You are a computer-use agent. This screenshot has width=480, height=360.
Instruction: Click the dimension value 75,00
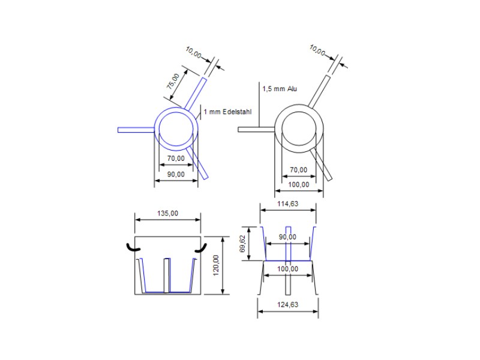click(173, 81)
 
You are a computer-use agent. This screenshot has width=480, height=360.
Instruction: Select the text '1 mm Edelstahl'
click(227, 112)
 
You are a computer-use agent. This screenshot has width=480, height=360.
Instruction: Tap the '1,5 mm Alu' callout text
click(280, 89)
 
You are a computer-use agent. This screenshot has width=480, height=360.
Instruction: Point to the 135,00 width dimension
click(168, 213)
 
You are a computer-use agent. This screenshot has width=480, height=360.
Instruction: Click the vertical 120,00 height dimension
click(216, 265)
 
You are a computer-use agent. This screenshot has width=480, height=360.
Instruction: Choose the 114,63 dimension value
click(288, 203)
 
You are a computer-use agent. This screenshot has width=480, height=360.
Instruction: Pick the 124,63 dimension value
click(288, 305)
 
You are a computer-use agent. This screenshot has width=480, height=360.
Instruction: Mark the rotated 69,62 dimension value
click(243, 244)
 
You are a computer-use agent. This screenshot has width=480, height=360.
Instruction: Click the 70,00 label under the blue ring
click(176, 158)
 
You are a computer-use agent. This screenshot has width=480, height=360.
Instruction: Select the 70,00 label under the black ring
click(298, 170)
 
